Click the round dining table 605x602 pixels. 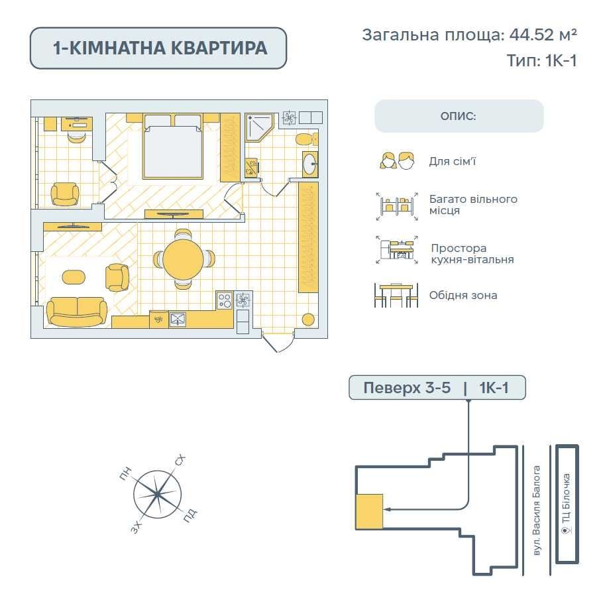(x=182, y=259)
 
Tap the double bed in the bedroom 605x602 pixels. (x=172, y=147)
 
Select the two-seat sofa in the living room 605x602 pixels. (x=77, y=311)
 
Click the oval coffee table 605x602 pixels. (x=74, y=277)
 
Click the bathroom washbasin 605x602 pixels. (x=310, y=164)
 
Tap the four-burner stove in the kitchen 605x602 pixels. (x=225, y=300)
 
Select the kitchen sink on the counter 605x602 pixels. (x=178, y=320)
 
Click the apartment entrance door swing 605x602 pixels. (x=278, y=341)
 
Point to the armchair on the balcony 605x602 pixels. (x=65, y=194)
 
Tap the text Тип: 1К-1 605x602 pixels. (x=541, y=60)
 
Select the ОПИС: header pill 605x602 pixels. (x=459, y=116)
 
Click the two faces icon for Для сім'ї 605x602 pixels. (x=397, y=160)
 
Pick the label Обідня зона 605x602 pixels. (x=463, y=296)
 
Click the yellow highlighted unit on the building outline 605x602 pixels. (x=369, y=511)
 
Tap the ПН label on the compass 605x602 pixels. (x=125, y=474)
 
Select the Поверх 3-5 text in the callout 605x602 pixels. (x=407, y=387)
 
